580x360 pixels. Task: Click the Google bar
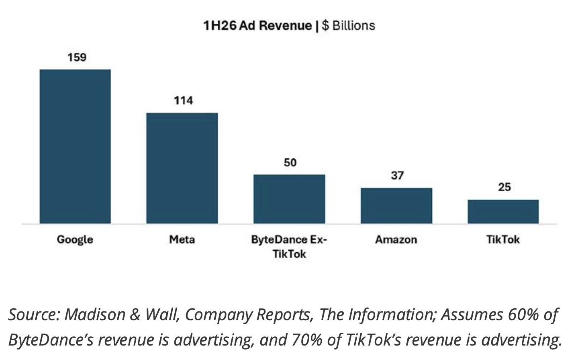(x=75, y=146)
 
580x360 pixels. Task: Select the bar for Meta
(x=182, y=168)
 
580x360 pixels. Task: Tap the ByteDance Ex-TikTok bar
(x=289, y=199)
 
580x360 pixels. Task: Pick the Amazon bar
(x=396, y=206)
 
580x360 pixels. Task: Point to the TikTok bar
(x=503, y=212)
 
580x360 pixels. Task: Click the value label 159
(x=77, y=57)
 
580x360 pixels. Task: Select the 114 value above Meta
(x=184, y=100)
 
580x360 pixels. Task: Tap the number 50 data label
(x=290, y=163)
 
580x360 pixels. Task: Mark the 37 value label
(x=397, y=176)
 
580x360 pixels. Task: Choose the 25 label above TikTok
(x=504, y=187)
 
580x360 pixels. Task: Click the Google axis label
(x=75, y=240)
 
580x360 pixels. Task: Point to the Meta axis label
(x=182, y=239)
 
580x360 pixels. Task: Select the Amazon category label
(x=396, y=239)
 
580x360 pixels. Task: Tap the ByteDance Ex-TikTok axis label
(x=289, y=247)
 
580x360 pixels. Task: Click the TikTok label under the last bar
(x=503, y=239)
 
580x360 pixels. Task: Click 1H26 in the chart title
(x=220, y=26)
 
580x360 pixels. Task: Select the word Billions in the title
(x=354, y=26)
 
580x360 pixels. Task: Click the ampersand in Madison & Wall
(x=135, y=315)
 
